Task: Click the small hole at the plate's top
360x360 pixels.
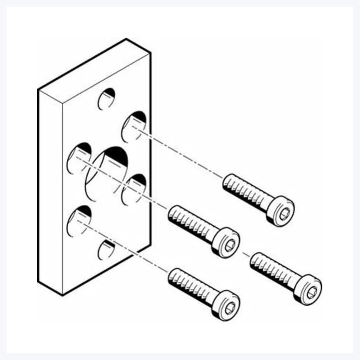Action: point(107,99)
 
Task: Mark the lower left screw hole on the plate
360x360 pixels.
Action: point(79,221)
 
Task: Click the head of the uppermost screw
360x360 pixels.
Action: point(281,211)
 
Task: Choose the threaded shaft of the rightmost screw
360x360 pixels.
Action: point(271,269)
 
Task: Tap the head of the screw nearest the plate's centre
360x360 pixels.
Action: point(227,243)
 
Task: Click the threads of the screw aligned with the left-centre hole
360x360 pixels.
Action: point(190,222)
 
